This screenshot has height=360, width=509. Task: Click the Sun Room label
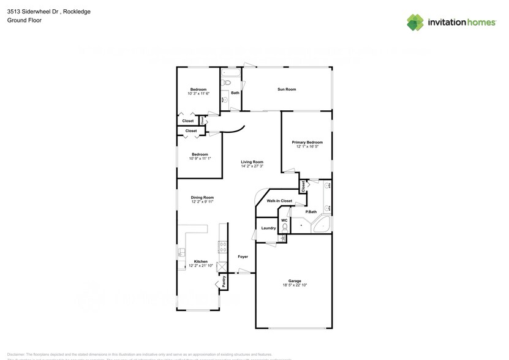tap(287, 89)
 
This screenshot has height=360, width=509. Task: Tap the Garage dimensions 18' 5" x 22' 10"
tap(295, 285)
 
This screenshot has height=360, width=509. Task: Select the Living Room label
tap(252, 162)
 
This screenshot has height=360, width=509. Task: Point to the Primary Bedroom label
tap(307, 142)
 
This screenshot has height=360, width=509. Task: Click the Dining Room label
tap(202, 197)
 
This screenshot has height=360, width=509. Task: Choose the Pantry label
tap(224, 282)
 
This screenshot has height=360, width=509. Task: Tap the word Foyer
tap(243, 257)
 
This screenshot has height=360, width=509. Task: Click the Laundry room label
tap(268, 228)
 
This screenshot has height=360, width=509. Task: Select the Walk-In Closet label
tap(279, 201)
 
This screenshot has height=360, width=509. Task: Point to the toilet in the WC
tap(284, 227)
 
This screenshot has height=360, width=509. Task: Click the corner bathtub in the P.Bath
tap(322, 225)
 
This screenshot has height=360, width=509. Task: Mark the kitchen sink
tap(181, 252)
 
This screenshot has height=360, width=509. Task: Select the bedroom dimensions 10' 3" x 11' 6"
tap(198, 94)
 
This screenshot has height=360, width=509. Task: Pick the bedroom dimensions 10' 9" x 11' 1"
tap(200, 159)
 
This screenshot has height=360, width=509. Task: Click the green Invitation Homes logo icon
tap(415, 23)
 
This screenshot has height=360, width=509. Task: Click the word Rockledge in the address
tap(77, 11)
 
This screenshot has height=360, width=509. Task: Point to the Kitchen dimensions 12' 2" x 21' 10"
tap(200, 266)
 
